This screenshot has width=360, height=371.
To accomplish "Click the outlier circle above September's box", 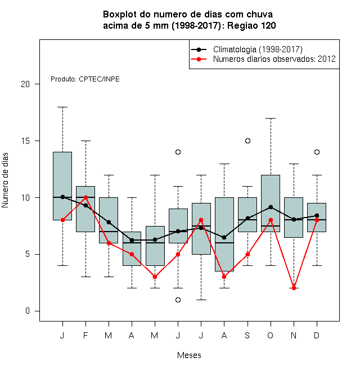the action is click(247, 141).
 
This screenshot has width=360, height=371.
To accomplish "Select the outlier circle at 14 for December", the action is click(317, 152).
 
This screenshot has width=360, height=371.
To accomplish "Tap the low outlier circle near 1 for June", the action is click(178, 300).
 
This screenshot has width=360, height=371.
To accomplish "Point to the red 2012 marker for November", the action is click(294, 288).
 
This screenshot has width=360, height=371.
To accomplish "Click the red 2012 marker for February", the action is click(85, 197).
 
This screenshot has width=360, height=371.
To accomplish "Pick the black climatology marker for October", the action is click(271, 207).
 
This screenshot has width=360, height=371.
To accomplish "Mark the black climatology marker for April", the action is click(132, 241).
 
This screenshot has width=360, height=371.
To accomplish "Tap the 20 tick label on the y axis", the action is click(25, 84).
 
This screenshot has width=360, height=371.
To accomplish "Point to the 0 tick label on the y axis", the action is click(28, 311).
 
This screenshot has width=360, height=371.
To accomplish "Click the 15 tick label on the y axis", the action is click(25, 141).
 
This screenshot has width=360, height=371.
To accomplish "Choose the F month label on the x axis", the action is click(85, 335).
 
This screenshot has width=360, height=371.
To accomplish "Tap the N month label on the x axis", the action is click(294, 335).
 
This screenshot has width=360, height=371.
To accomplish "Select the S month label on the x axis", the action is click(247, 335).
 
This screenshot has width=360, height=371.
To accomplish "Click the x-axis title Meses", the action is click(189, 355).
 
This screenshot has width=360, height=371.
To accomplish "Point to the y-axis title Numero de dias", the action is click(5, 180).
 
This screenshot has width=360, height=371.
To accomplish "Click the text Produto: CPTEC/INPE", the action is click(85, 79).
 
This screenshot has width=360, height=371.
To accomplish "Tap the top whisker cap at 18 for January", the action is click(62, 107).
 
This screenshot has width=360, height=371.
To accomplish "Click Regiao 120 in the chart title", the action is click(251, 25).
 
